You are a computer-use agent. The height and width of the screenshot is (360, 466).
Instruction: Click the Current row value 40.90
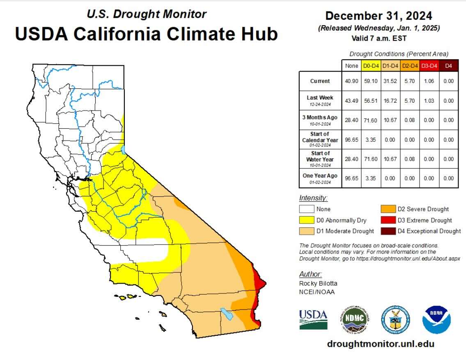(351, 81)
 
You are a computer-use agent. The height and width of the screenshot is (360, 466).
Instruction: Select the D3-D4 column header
(429, 66)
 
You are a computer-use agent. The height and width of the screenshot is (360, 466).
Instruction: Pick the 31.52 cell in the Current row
(390, 81)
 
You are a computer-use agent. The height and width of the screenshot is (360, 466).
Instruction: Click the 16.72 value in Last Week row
(390, 101)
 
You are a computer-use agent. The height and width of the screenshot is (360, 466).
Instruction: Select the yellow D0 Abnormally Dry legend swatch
(307, 220)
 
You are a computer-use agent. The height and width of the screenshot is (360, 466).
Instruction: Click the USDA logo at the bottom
(313, 319)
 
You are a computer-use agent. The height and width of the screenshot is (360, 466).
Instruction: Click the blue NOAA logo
(436, 319)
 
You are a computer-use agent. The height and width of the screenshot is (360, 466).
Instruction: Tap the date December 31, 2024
(379, 16)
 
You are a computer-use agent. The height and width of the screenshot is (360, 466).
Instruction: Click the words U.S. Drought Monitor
(147, 14)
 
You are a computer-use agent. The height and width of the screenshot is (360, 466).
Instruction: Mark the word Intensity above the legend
(313, 198)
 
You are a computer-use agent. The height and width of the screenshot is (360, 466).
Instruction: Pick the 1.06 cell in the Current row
(429, 81)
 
